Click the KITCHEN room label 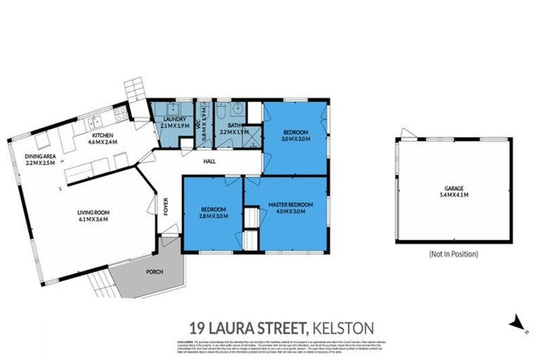point(102,134)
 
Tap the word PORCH point(155,271)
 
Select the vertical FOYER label point(167,208)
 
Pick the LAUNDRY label point(174,120)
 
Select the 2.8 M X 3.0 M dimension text point(212,216)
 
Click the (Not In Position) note point(453,253)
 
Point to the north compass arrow point(517,322)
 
